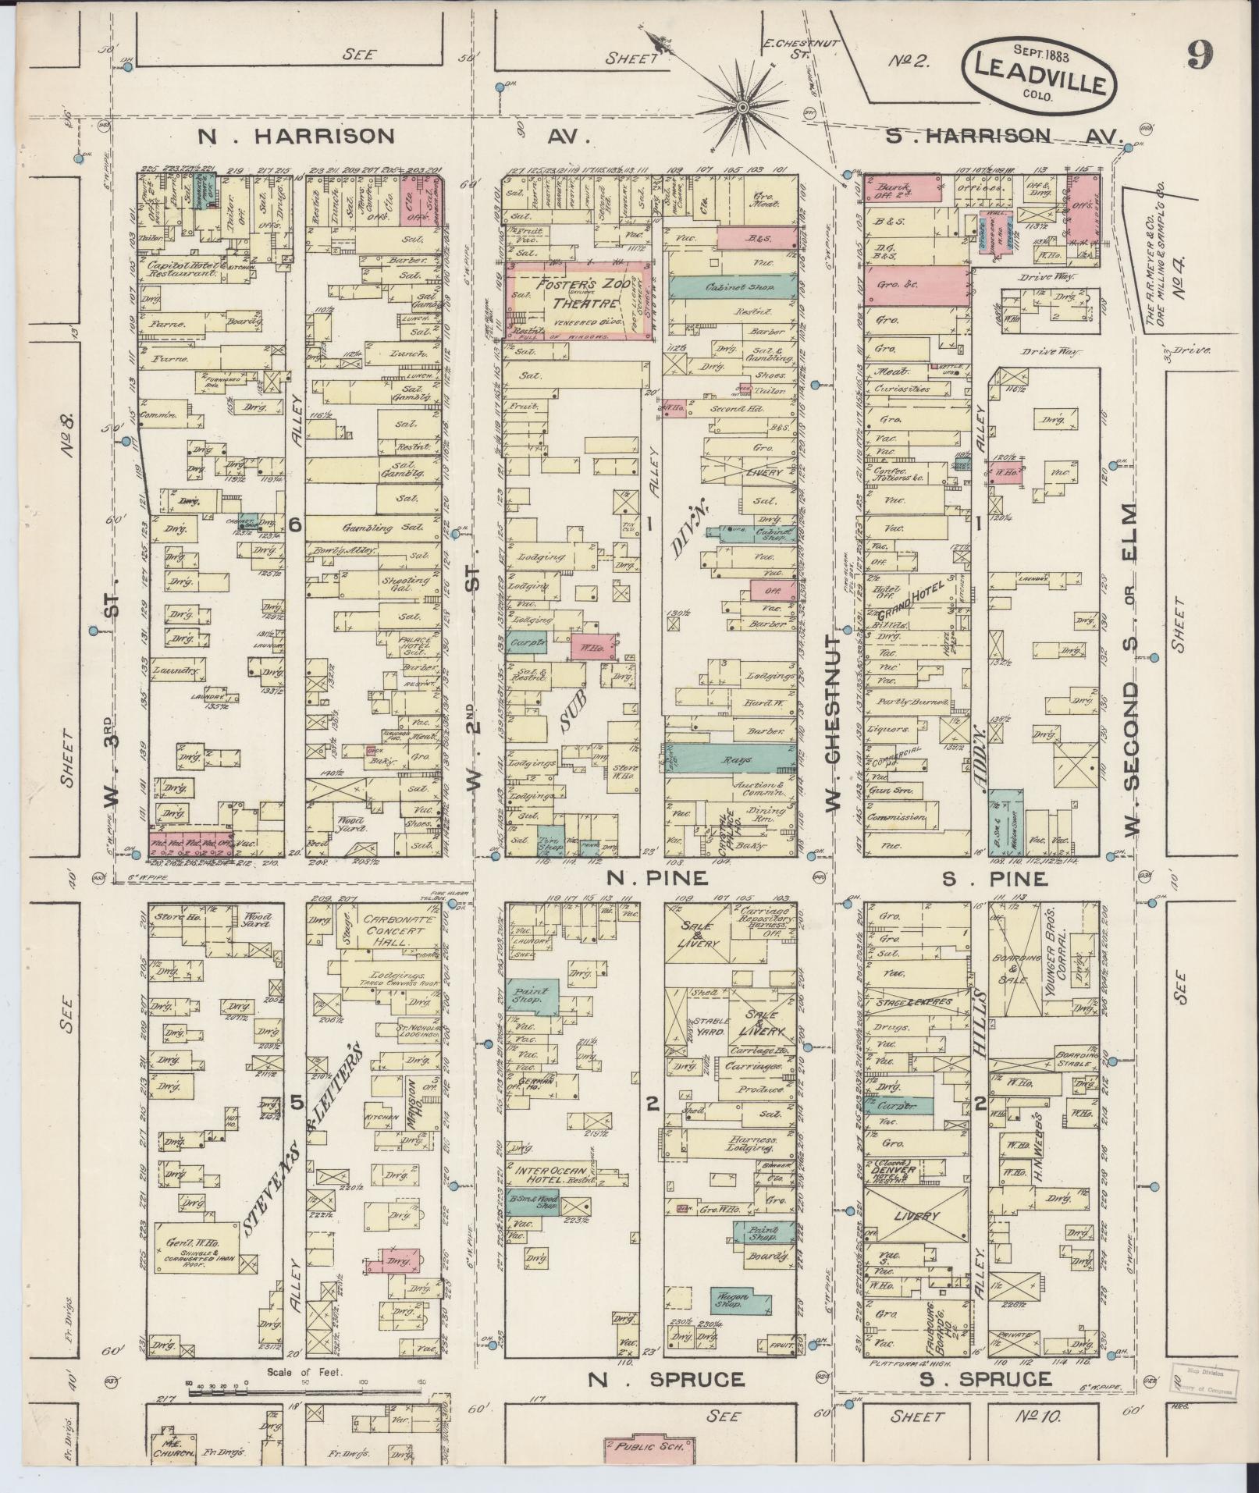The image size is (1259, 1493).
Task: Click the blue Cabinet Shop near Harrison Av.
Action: pyautogui.click(x=732, y=287)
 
